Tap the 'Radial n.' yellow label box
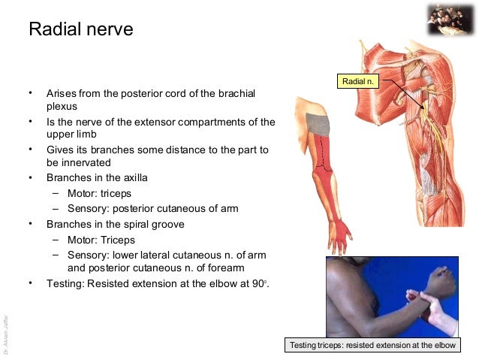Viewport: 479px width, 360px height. click(357, 80)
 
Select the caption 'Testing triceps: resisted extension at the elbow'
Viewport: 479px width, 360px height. click(373, 346)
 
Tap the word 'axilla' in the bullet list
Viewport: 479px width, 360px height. click(132, 178)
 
